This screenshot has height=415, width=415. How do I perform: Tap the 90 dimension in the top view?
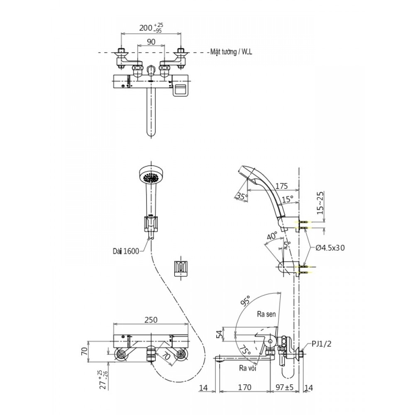151,41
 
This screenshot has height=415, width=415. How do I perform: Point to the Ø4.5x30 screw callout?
330,248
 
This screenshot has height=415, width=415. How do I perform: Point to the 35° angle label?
242,196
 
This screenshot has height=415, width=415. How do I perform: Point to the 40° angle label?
272,237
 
